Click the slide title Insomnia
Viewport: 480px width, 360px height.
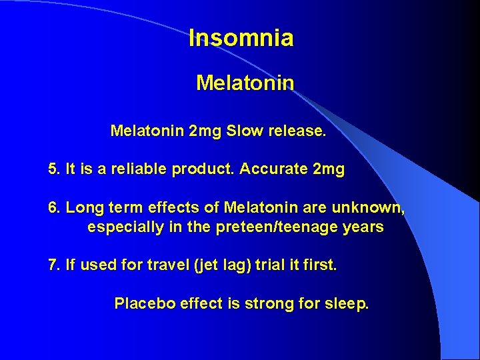(x=241, y=38)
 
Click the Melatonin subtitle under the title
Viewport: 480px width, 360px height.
(x=245, y=83)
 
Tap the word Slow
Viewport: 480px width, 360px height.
(x=244, y=131)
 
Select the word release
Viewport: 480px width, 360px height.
(x=298, y=131)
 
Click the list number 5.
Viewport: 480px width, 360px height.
(x=54, y=169)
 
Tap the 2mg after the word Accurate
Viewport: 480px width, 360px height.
(x=328, y=170)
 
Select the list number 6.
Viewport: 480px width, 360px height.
(x=54, y=208)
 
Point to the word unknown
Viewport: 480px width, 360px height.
(x=371, y=208)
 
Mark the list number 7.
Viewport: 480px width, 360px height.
(x=54, y=265)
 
